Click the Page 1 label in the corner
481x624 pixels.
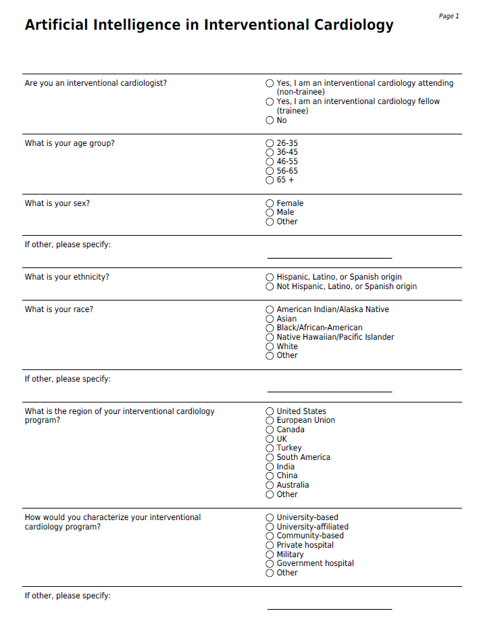pos(449,16)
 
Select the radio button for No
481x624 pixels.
pos(270,120)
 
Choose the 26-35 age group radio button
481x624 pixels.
pos(270,143)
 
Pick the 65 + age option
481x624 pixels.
pos(270,180)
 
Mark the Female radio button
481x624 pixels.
pos(270,203)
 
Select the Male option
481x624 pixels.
pos(270,212)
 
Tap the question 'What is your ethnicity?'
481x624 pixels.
pos(67,277)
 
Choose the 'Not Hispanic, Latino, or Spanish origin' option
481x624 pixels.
pos(270,286)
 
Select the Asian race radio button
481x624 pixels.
pos(270,319)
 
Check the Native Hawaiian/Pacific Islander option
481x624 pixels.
pos(270,337)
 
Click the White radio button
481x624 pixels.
pos(270,346)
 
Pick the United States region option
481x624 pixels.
pos(270,411)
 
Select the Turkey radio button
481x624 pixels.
pos(270,448)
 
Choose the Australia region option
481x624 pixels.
pos(270,485)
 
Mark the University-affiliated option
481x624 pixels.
pos(270,527)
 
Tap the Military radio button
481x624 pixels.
pos(270,554)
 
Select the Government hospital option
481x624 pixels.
pos(270,563)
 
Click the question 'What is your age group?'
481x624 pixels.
pos(70,143)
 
